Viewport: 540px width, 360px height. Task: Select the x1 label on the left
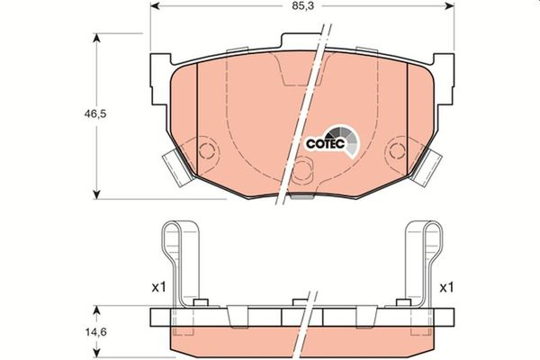pos(158,288)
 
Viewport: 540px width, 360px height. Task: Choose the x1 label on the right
pos(447,288)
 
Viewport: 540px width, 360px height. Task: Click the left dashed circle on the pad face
pos(208,150)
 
